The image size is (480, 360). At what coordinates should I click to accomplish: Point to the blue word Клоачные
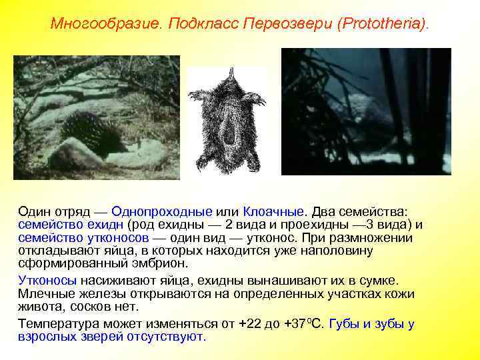[x=271, y=211]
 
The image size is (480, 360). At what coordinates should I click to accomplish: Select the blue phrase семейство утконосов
[x=83, y=237]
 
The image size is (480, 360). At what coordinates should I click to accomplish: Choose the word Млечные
[x=47, y=294]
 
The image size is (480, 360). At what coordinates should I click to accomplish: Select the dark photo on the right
[x=366, y=111]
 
